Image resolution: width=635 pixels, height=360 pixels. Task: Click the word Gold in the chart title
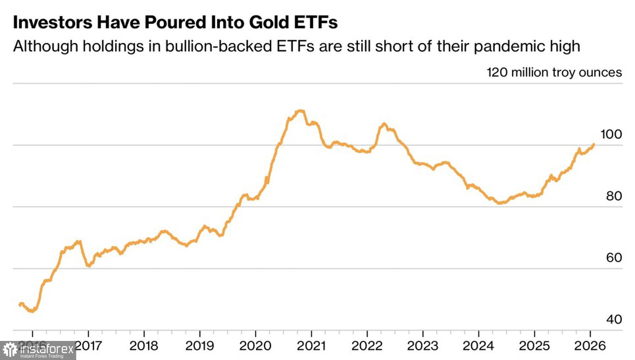point(268,22)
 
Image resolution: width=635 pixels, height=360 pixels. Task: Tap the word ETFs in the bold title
point(315,22)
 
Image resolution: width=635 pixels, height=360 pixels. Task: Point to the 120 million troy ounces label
point(554,72)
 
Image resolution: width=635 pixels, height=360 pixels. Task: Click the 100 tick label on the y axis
point(611,135)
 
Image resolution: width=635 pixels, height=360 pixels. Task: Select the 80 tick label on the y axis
point(614,196)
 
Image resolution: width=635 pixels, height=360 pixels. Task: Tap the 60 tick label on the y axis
point(614,258)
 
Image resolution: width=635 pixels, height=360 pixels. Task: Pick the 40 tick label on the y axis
point(614,319)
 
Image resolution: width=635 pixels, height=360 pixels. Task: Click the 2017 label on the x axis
point(88,346)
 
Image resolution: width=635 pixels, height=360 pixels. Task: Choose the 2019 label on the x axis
point(199,346)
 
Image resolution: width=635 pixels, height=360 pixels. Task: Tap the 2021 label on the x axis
point(311,346)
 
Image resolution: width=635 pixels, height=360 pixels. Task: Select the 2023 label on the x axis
point(422,346)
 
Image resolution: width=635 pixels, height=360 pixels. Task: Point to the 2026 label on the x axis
point(590,346)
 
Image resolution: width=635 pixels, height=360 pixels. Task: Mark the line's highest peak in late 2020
point(301,111)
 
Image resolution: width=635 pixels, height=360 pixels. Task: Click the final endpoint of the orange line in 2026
point(593,144)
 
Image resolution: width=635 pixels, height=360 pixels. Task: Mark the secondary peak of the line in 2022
point(384,124)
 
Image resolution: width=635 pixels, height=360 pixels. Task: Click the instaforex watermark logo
point(38,350)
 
